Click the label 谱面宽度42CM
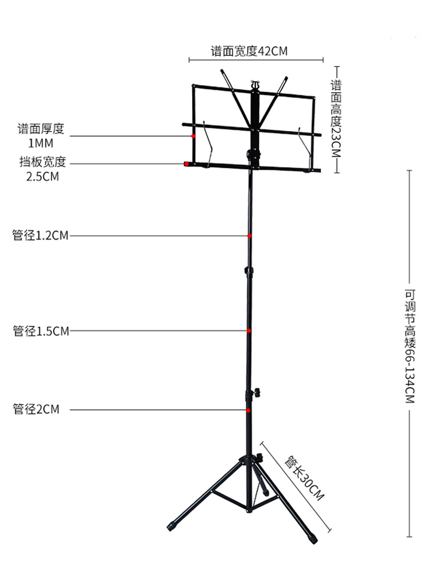point(249,51)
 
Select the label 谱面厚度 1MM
point(43,135)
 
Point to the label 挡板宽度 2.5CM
point(43,168)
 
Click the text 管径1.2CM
point(40,236)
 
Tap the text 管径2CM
point(36,410)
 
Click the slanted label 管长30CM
point(303,479)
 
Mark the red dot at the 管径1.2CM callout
point(249,236)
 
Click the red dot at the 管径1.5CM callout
point(249,331)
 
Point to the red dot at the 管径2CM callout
point(249,410)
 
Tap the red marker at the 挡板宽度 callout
point(186,164)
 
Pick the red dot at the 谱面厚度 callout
point(193,135)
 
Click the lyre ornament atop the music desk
point(253,85)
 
